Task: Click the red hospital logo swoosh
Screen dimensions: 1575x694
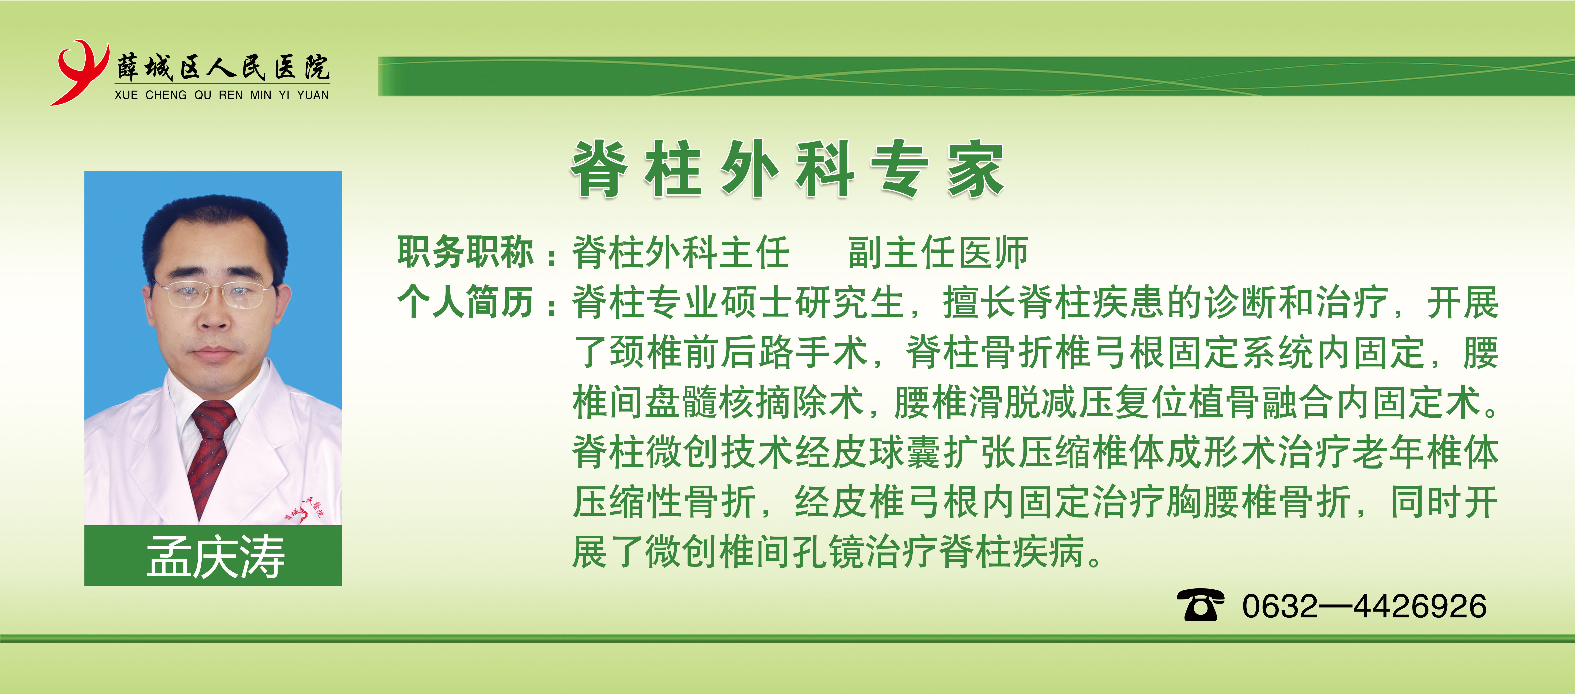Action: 78,72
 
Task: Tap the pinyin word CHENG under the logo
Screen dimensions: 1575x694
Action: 166,95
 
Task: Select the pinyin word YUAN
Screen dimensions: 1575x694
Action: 313,95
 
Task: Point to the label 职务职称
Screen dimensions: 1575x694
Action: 466,252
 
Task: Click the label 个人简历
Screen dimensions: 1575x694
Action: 466,302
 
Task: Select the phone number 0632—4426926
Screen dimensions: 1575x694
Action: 1364,606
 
